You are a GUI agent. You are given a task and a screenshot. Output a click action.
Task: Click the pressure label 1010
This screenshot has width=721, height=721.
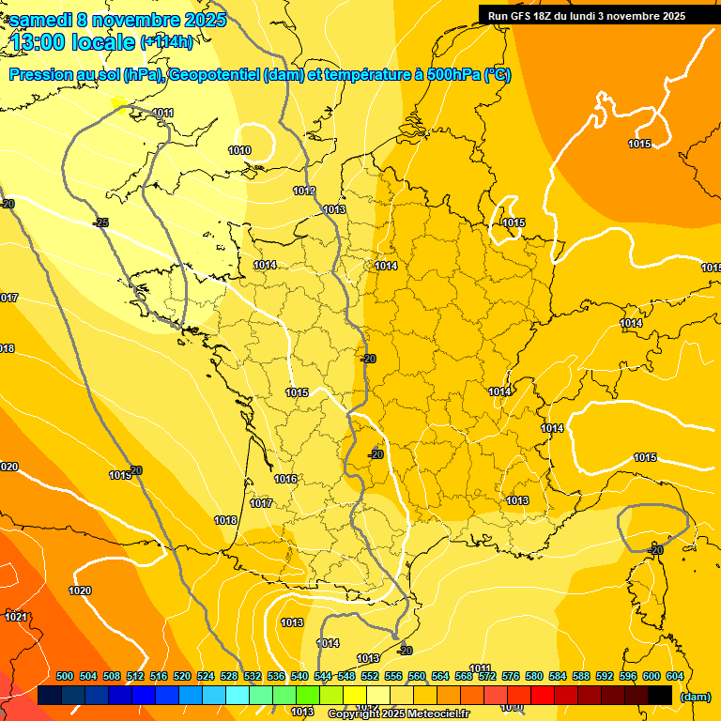[x=239, y=150]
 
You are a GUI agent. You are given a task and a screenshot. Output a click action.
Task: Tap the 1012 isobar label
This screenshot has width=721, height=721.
[x=304, y=191]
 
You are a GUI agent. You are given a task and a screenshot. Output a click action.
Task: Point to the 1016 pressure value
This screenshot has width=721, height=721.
[x=285, y=480]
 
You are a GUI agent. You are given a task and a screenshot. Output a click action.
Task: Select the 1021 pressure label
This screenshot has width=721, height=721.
[x=16, y=617]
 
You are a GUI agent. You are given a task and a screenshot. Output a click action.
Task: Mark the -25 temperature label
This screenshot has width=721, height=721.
[x=100, y=222]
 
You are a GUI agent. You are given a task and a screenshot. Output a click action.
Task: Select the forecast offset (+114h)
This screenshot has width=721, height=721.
[x=166, y=42]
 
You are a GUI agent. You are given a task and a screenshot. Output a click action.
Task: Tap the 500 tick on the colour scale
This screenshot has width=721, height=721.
[x=65, y=676]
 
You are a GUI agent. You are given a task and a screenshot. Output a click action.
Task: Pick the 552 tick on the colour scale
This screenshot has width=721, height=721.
[x=370, y=676]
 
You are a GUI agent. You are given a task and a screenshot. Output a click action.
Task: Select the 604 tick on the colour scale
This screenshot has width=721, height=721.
[x=675, y=676]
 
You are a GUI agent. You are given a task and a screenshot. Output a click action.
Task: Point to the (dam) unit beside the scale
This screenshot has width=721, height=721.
[x=695, y=697]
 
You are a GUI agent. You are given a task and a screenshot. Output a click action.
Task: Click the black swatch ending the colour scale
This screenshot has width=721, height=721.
[x=660, y=695]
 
